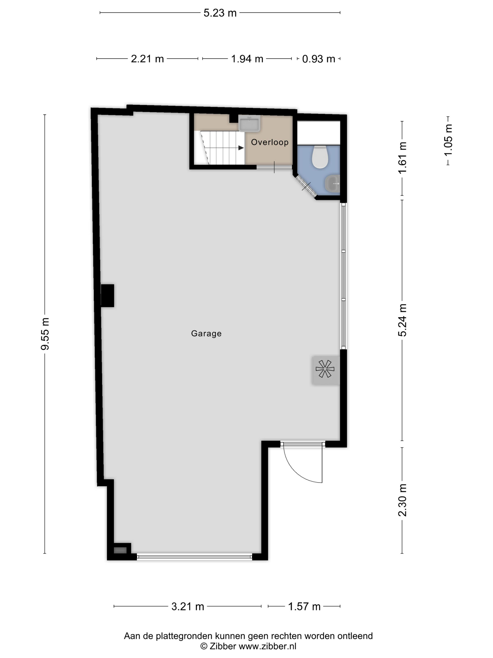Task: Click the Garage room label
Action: pyautogui.click(x=206, y=333)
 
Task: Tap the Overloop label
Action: pyautogui.click(x=270, y=142)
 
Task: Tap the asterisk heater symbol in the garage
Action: pyautogui.click(x=325, y=369)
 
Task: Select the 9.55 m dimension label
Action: pyautogui.click(x=45, y=334)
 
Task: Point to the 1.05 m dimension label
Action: pyautogui.click(x=448, y=140)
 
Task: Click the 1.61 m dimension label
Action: pyautogui.click(x=402, y=158)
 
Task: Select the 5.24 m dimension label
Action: pyautogui.click(x=402, y=320)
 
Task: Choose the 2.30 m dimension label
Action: pyautogui.click(x=402, y=500)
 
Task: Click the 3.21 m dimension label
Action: pyautogui.click(x=188, y=606)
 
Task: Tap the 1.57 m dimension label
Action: pyautogui.click(x=304, y=606)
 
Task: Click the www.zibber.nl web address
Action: pyautogui.click(x=267, y=646)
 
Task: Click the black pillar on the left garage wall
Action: pyautogui.click(x=107, y=295)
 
